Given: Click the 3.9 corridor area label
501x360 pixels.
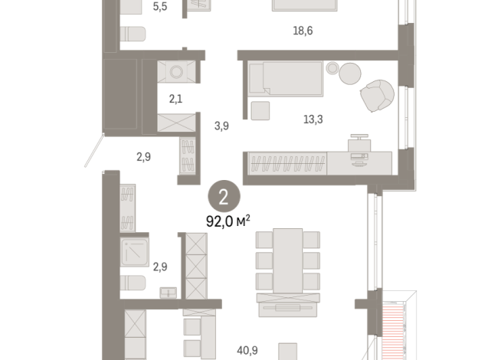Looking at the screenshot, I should (x=221, y=125).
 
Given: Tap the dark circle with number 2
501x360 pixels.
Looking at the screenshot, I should (x=224, y=197).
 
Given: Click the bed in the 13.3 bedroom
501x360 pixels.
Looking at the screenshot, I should (x=284, y=79).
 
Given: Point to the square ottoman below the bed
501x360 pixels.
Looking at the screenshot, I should (x=260, y=110).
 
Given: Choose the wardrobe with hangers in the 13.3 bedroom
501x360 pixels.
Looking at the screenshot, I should (x=286, y=162).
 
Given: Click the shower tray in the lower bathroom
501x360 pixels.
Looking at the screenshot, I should (x=135, y=251).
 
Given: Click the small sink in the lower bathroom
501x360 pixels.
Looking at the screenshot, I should (x=168, y=292).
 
